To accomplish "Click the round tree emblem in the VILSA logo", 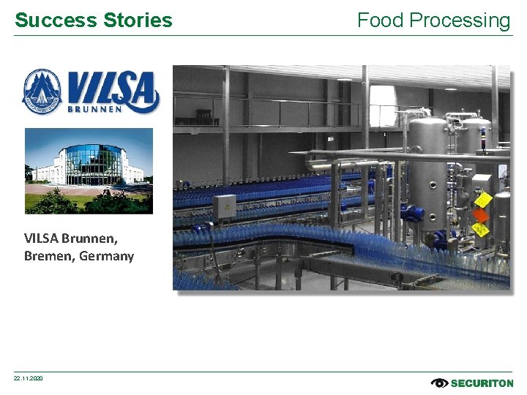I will (x=42, y=91).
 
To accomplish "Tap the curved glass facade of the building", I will (x=89, y=165).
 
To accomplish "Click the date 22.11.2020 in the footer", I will (x=29, y=378).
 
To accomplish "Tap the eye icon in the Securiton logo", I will (x=439, y=383).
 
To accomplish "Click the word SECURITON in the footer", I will (x=482, y=383).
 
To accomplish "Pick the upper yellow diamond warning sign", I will (x=482, y=199).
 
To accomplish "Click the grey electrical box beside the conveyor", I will (x=224, y=206).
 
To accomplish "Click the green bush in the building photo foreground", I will (x=55, y=202).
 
